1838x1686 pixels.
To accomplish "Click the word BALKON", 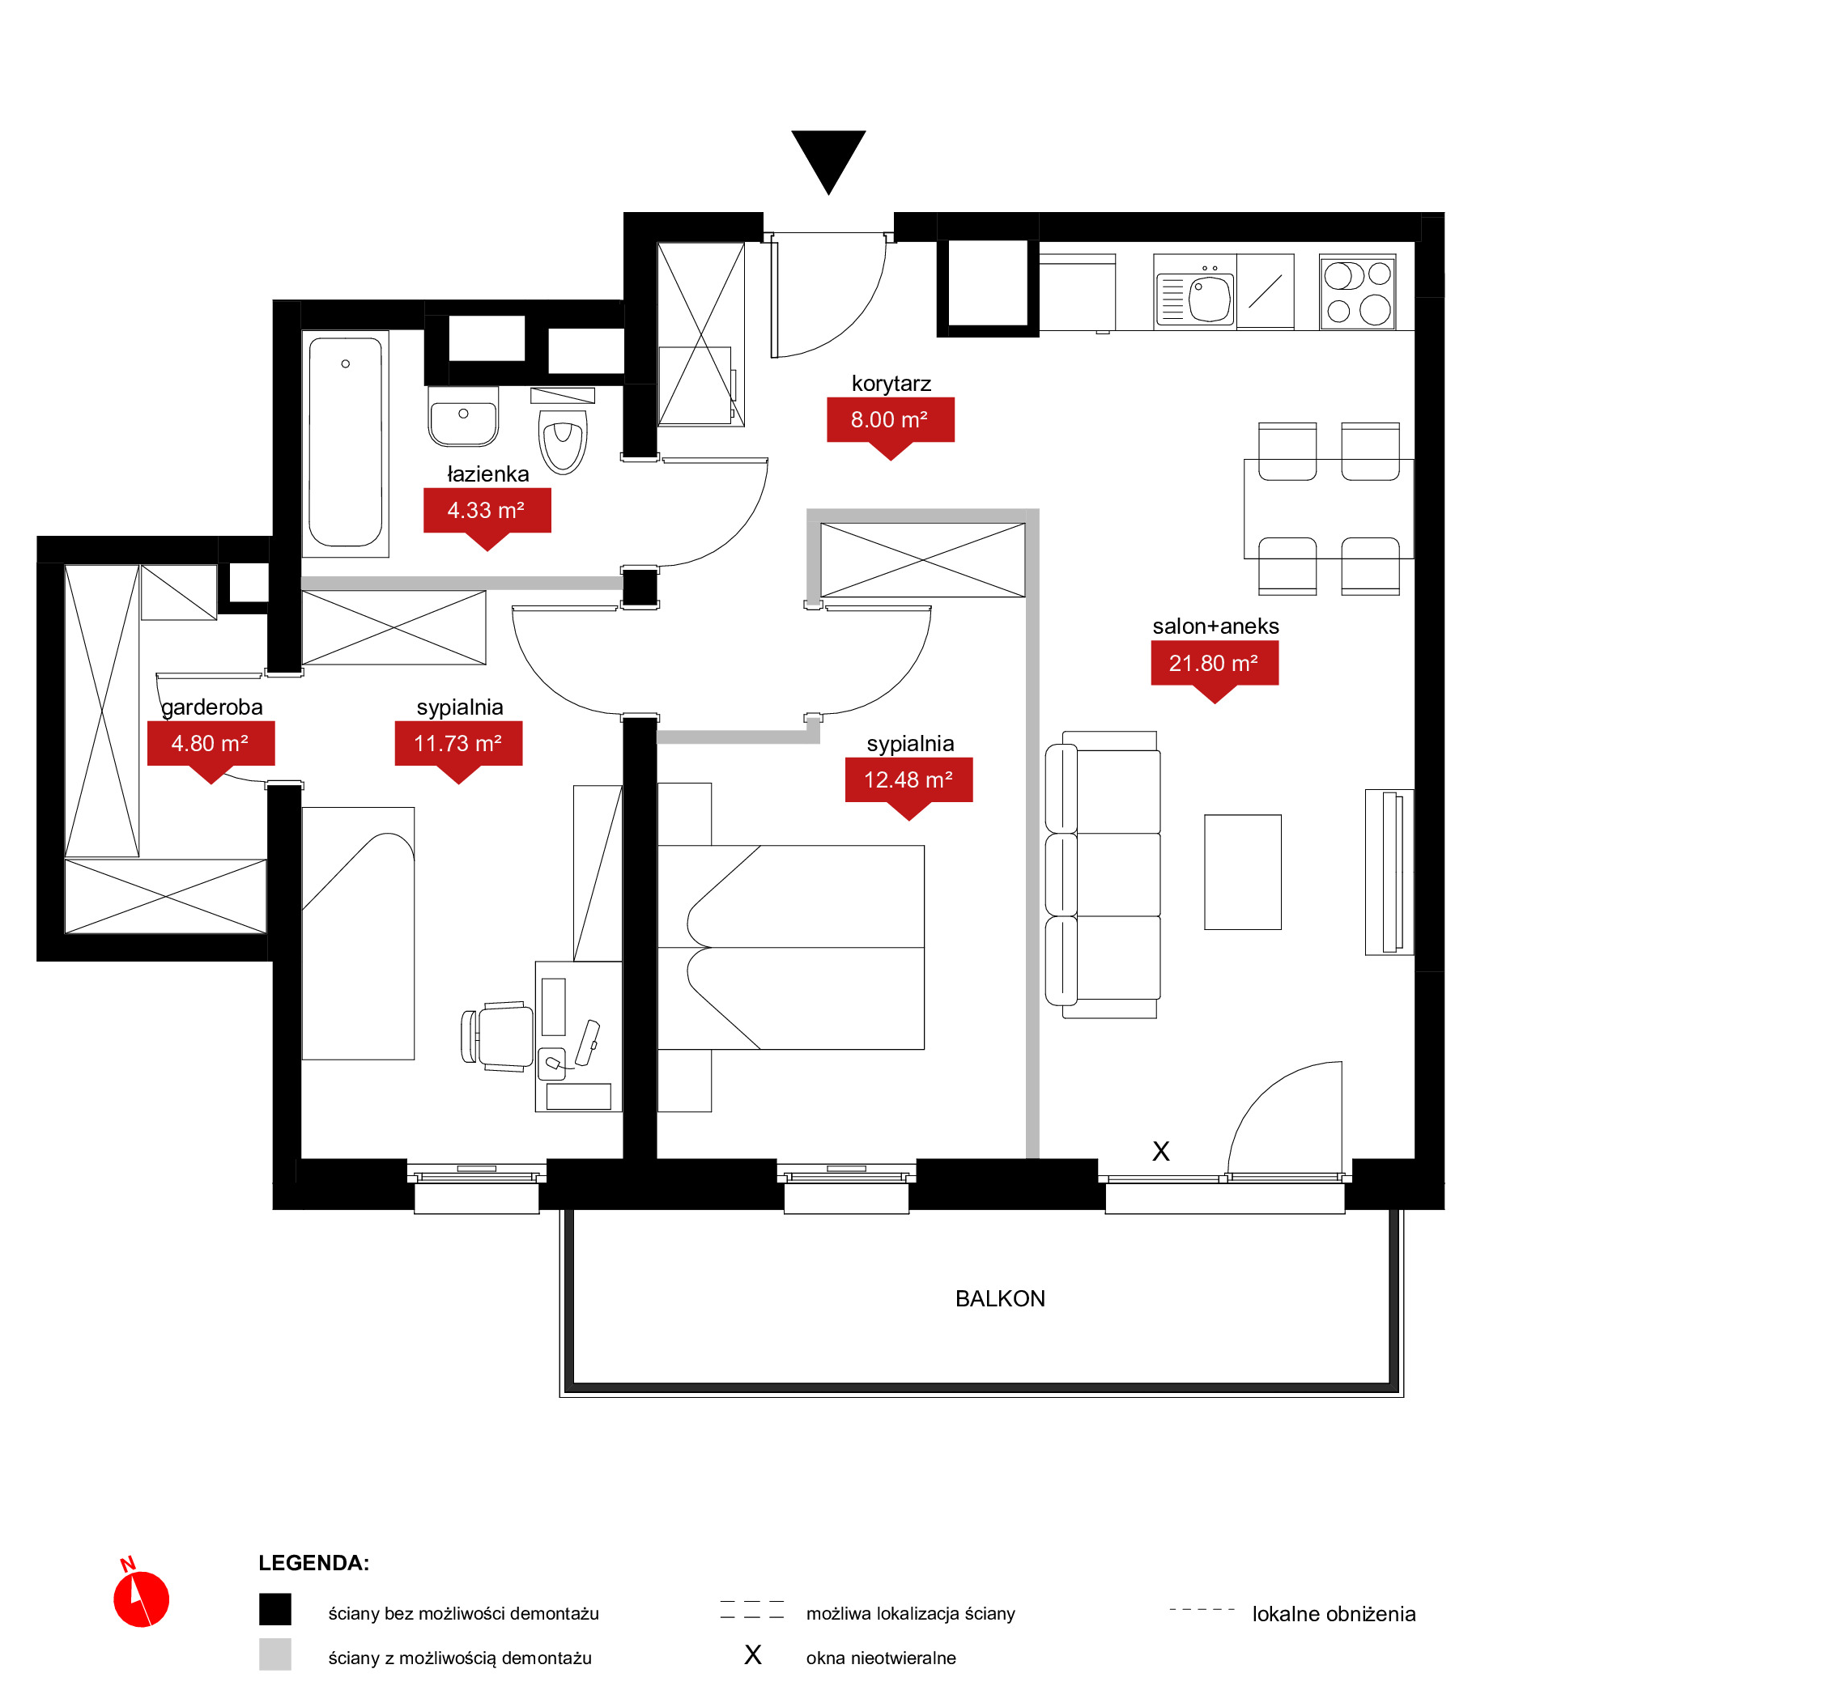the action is point(999,1298).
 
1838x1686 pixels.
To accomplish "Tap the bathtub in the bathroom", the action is point(345,443).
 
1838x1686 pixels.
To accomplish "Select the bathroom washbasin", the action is point(464,417).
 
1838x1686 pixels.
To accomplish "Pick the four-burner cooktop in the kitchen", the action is point(1357,292).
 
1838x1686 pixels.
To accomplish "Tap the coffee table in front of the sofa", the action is point(1242,873).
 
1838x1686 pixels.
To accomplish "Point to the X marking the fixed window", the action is point(1160,1151).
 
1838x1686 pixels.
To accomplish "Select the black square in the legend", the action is point(274,1609).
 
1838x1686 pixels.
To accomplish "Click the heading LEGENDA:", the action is point(313,1563).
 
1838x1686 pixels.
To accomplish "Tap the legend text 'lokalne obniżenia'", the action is point(1334,1614).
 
